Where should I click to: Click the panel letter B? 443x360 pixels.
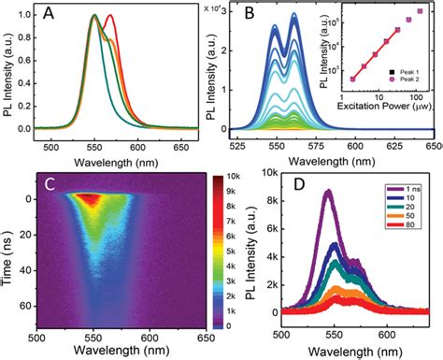(260, 17)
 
